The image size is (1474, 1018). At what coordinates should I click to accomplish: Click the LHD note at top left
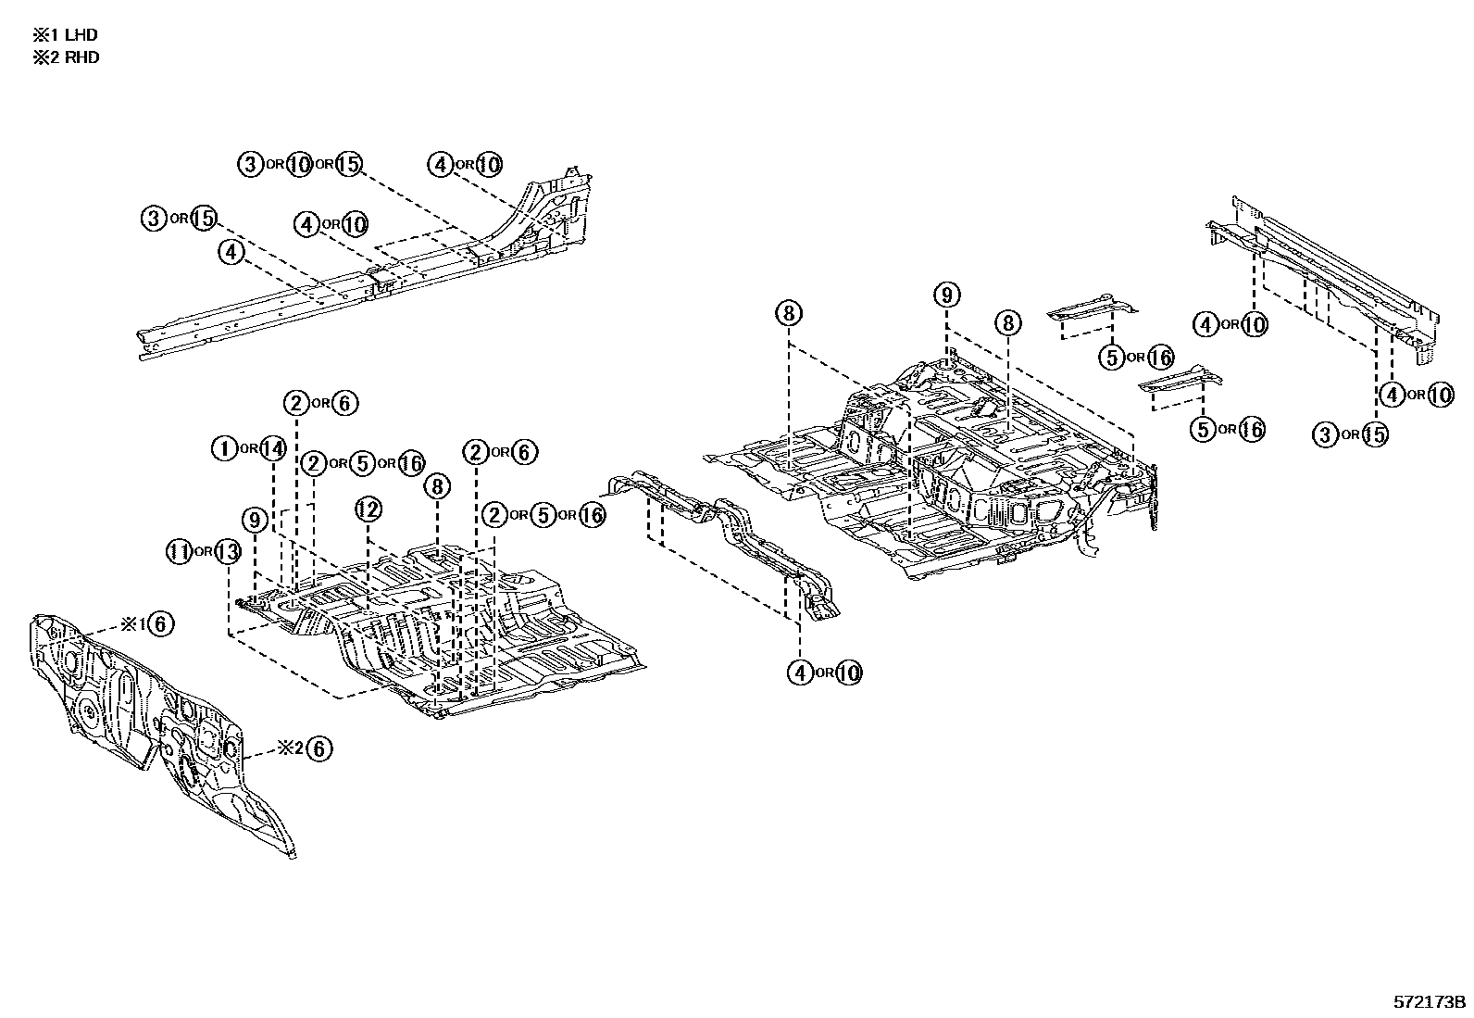point(66,35)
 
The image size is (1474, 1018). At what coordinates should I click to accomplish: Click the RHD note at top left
point(66,57)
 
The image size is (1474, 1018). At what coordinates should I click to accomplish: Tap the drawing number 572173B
point(1430,1002)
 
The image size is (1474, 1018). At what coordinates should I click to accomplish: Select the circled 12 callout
point(368,509)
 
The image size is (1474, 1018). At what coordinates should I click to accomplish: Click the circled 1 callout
point(225,449)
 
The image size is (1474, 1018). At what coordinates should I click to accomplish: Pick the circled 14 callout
point(272,449)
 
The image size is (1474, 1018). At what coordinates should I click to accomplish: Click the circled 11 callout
point(179,552)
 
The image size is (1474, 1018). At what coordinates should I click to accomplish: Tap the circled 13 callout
point(227,552)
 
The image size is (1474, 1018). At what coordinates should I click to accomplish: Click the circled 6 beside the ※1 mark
point(159,624)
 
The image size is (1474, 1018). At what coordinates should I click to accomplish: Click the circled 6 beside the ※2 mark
point(318,748)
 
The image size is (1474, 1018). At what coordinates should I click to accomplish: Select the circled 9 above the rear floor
point(946,296)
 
